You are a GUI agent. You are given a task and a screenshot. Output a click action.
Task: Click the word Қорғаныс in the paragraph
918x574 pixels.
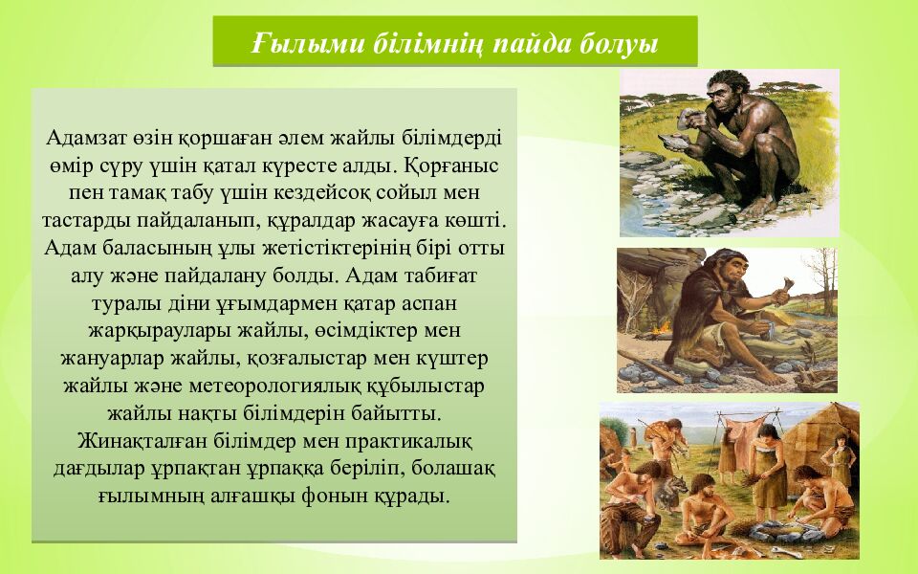tap(451, 166)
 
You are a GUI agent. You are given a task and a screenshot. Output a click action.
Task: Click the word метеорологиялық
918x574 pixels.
tap(278, 386)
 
